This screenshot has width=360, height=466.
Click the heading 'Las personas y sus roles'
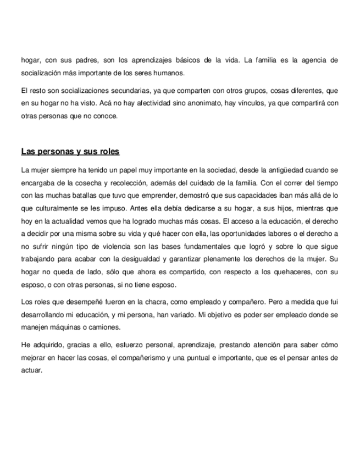pos(70,151)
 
